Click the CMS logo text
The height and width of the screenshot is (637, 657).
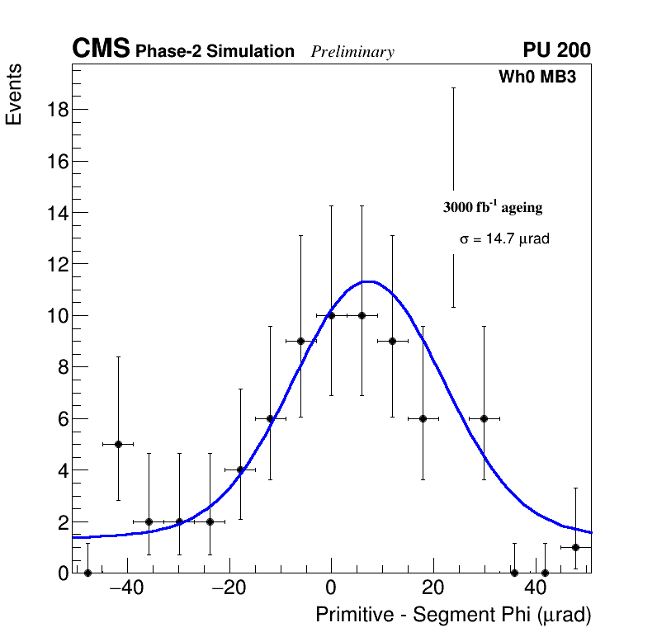[x=101, y=50]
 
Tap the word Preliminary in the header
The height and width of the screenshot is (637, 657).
[x=352, y=52]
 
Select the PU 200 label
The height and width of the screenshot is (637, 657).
[x=556, y=50]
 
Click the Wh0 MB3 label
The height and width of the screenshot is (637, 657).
[x=536, y=78]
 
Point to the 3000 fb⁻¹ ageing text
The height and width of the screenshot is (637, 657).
[x=493, y=207]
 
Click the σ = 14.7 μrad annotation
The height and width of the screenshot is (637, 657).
[x=504, y=239]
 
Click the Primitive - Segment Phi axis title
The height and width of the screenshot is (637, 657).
[x=453, y=616]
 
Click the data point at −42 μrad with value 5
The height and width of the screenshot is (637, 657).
[x=118, y=444]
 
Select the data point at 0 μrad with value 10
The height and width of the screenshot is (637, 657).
[x=331, y=315]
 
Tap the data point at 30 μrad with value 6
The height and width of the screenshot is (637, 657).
[x=484, y=418]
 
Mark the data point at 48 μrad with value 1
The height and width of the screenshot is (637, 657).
[x=575, y=547]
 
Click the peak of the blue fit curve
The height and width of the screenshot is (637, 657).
[x=369, y=281]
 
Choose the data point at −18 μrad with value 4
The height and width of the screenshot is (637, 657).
[x=240, y=470]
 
